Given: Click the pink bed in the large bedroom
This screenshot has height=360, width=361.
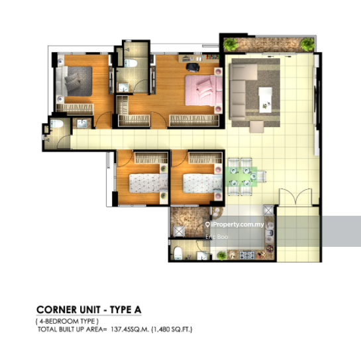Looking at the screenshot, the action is (204, 91).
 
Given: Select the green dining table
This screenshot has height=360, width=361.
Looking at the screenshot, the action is (242, 177).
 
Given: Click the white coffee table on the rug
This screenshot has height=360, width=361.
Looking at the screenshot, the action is (265, 100).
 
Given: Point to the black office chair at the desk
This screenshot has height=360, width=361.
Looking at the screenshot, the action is (193, 67).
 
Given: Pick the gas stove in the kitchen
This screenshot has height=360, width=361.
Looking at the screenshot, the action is (247, 255).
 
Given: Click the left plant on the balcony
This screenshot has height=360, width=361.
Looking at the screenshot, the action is (231, 44).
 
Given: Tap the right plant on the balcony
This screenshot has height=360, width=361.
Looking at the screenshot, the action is (307, 44).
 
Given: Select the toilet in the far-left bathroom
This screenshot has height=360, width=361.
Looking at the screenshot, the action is (56, 124).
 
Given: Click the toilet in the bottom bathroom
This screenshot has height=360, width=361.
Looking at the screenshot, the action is (178, 253).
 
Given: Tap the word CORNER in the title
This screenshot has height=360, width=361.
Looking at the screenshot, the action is (57, 310).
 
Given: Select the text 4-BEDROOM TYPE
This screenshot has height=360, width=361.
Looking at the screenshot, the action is (67, 321).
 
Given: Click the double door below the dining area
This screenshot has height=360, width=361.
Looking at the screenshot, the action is (295, 197).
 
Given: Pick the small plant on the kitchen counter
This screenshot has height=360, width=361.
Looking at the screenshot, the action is (221, 255).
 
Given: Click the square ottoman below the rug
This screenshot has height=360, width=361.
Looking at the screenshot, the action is (256, 127).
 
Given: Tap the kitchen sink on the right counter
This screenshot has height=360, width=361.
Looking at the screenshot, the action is (270, 233).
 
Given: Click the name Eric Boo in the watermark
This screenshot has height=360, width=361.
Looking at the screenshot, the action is (217, 237).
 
